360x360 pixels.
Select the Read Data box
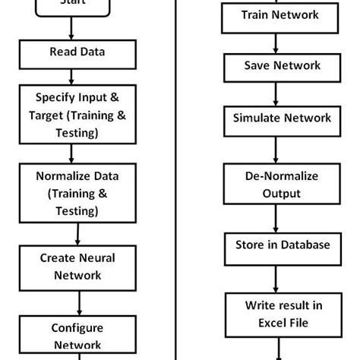click(72, 52)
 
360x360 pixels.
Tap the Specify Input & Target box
click(72, 115)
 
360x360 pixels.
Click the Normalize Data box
click(72, 193)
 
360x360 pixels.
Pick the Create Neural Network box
click(72, 266)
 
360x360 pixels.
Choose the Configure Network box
click(72, 335)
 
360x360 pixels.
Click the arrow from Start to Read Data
click(72, 29)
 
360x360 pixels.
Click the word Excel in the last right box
click(264, 324)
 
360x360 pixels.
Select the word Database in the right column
click(304, 245)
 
